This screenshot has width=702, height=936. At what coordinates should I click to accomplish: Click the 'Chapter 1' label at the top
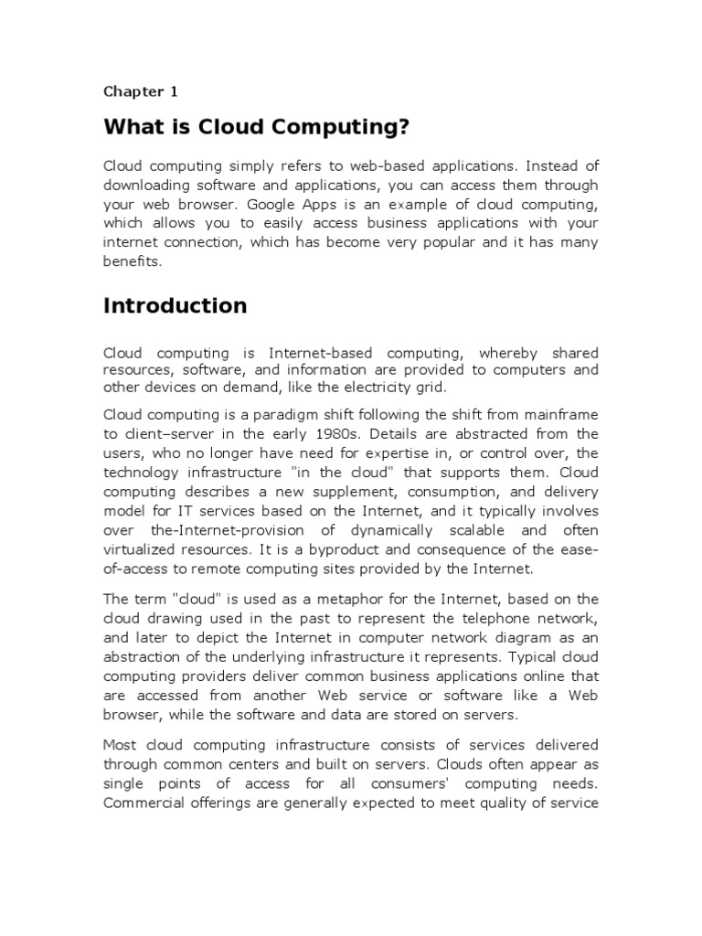point(140,91)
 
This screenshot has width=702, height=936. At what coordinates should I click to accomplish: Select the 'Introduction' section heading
point(175,305)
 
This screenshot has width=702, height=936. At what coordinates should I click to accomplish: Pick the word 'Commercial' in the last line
point(144,803)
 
